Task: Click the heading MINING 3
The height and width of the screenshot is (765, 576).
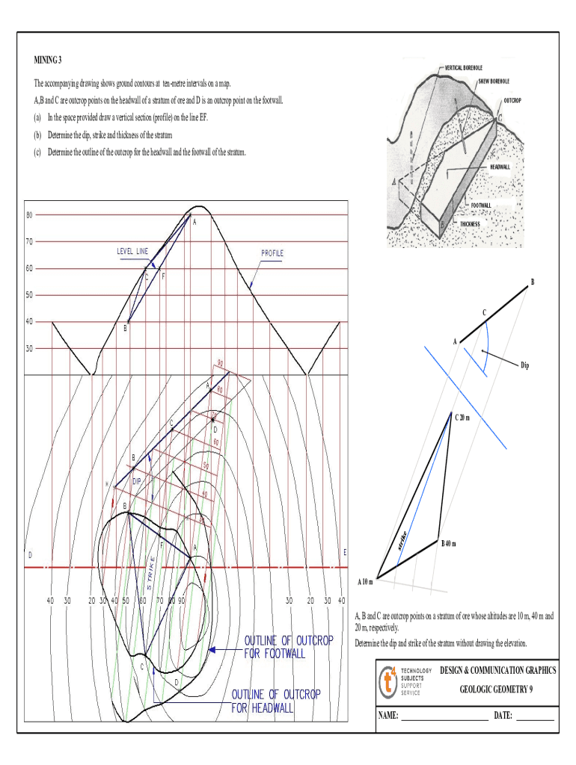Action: (x=50, y=59)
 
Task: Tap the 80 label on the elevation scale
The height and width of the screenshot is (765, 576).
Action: (x=29, y=215)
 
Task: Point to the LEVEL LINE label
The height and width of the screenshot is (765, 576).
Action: (x=132, y=251)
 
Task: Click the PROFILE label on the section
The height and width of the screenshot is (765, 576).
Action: (x=272, y=253)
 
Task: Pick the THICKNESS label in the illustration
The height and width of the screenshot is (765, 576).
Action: (x=474, y=224)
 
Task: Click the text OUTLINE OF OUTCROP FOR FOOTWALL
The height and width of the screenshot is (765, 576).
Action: (x=288, y=647)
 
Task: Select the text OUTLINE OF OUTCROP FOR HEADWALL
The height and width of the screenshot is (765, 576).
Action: (x=275, y=701)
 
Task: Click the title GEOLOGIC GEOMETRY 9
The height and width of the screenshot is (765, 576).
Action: (x=497, y=690)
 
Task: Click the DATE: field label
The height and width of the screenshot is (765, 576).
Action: (x=503, y=716)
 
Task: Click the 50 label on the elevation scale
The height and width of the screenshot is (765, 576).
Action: (x=29, y=295)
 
